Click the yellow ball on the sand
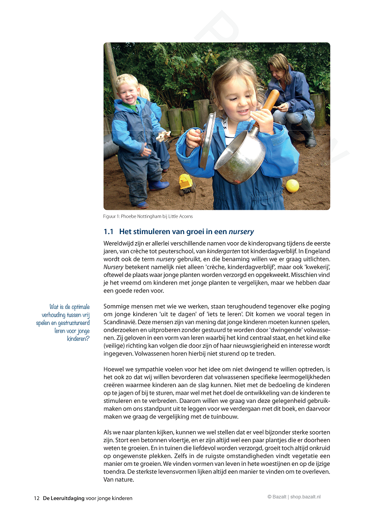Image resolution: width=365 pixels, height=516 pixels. pyautogui.click(x=292, y=186)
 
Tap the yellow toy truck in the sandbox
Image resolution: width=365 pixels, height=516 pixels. pyautogui.click(x=186, y=182)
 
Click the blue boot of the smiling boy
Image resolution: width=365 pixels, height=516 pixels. pyautogui.click(x=158, y=185)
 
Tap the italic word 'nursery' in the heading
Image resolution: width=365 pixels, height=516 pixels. pyautogui.click(x=241, y=232)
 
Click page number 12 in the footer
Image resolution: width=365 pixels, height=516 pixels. pyautogui.click(x=36, y=498)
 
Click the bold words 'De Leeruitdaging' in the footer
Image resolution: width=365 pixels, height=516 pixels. pyautogui.click(x=64, y=498)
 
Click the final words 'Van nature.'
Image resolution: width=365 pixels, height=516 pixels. pyautogui.click(x=119, y=480)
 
